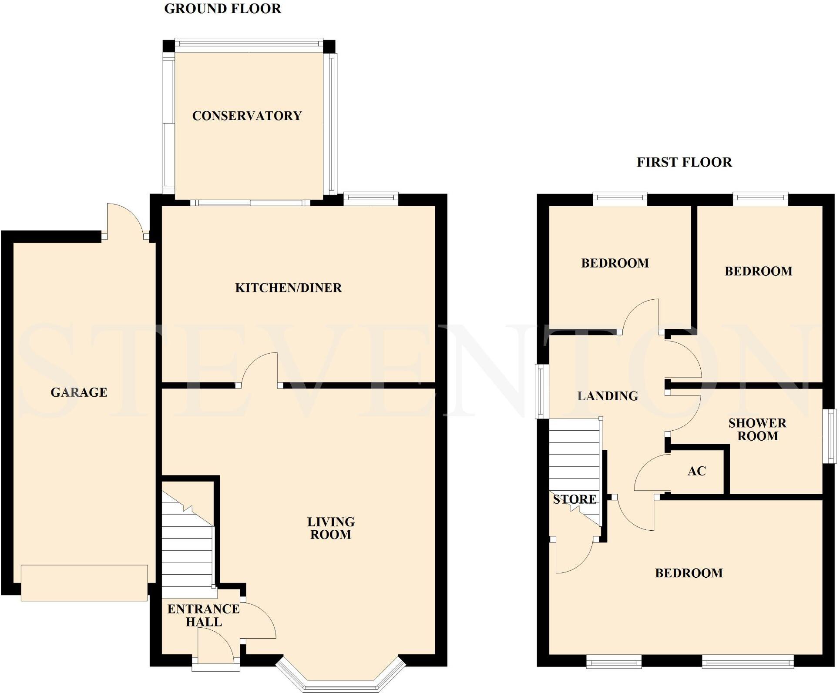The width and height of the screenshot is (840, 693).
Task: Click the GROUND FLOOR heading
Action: (x=222, y=9)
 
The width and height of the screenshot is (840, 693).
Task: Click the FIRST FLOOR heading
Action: (x=684, y=162)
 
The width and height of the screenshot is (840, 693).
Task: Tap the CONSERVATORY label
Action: (x=247, y=116)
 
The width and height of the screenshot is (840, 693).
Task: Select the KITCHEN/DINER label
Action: (x=288, y=288)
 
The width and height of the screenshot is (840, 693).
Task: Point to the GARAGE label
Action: (x=79, y=392)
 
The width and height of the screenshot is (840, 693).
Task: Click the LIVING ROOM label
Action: (x=331, y=528)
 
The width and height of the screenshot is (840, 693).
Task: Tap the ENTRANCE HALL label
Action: (x=203, y=615)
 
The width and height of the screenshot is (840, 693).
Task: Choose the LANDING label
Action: (x=607, y=396)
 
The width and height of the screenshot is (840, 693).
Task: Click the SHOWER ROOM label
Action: (x=757, y=429)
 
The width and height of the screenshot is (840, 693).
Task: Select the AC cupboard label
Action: (x=696, y=471)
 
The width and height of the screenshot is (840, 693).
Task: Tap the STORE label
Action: (x=574, y=499)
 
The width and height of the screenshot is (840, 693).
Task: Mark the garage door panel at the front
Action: (x=84, y=583)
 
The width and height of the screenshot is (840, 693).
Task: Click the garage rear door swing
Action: (x=125, y=220)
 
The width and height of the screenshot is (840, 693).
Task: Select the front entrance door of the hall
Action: (x=216, y=646)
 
